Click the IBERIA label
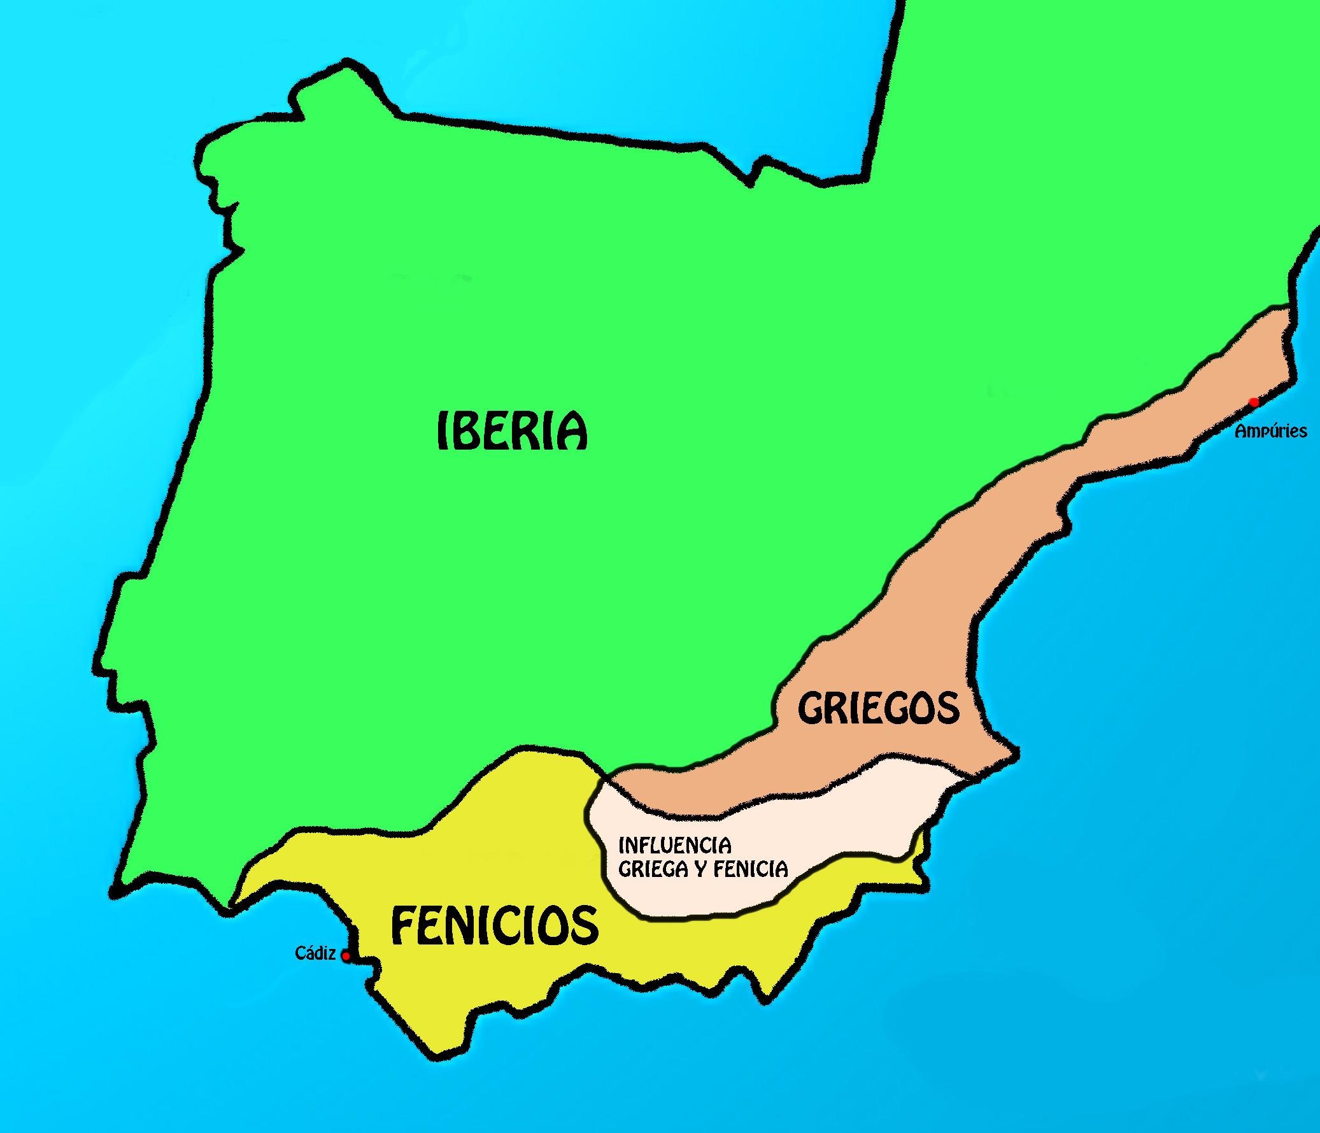(511, 431)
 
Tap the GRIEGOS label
(879, 708)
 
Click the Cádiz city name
(315, 953)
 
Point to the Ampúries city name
(1270, 431)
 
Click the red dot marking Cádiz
(346, 957)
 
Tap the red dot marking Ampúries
(1254, 402)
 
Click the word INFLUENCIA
(675, 846)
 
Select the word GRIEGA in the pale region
(658, 869)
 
